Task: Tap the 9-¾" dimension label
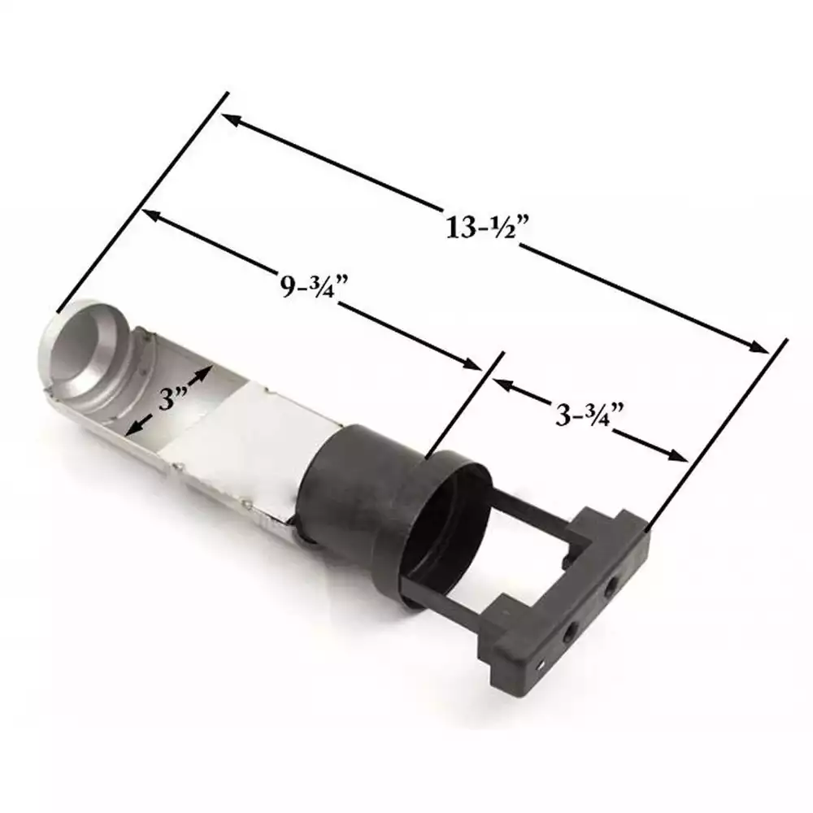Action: [314, 285]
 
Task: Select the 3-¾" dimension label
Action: [589, 415]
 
